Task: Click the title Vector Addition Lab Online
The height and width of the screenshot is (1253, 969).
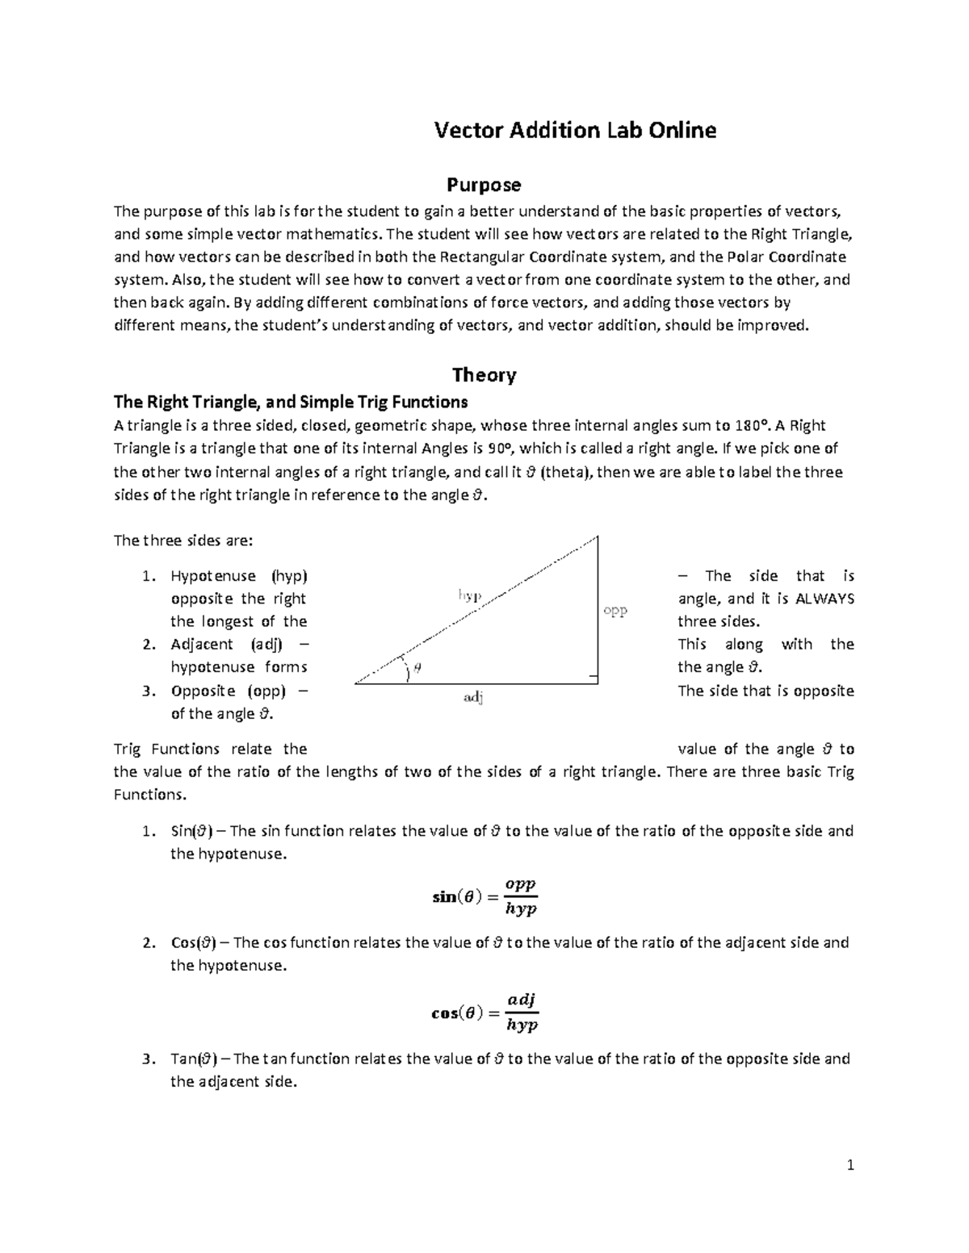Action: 575,131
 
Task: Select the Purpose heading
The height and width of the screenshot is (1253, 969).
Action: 484,186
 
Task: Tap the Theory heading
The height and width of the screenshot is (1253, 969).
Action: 484,374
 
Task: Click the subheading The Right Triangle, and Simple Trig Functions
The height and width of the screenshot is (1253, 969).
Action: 291,402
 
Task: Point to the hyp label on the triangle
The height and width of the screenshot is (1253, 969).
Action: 470,595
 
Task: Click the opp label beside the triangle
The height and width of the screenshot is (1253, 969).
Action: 615,611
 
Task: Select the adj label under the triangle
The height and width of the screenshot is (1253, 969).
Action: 473,697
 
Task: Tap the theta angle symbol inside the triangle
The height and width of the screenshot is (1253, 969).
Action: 417,668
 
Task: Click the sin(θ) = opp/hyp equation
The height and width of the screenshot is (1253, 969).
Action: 484,896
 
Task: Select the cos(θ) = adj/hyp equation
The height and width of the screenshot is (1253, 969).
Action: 484,1013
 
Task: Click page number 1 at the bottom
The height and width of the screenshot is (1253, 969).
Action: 850,1165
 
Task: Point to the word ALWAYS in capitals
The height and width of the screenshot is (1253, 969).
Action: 824,599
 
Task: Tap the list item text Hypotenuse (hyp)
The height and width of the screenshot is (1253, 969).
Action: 239,576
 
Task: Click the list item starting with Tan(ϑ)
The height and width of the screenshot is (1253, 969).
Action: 509,1059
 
